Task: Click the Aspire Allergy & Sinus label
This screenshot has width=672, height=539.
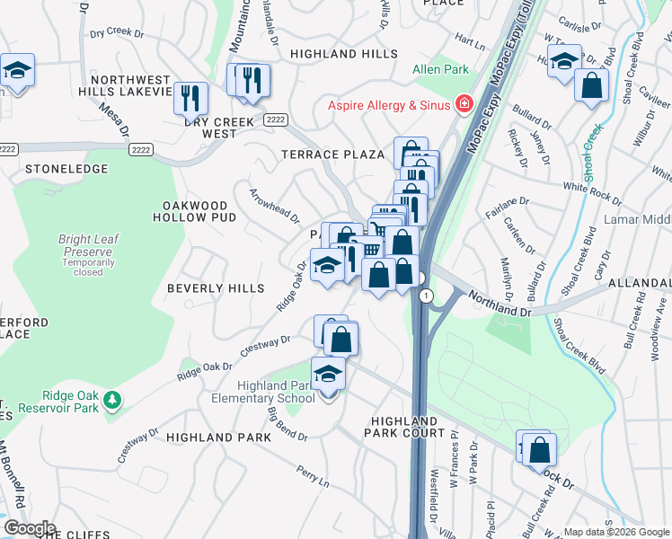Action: (387, 105)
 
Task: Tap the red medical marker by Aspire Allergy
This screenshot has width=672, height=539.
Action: (464, 105)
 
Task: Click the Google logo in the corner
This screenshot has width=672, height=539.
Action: (29, 528)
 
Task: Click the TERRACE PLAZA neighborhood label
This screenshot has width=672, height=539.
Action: (333, 155)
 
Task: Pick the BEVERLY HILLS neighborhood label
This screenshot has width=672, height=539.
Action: (216, 288)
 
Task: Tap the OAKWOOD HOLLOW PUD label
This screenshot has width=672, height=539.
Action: (194, 212)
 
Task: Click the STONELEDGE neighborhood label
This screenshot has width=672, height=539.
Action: (59, 168)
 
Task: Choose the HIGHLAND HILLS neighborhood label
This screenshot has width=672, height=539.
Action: (343, 55)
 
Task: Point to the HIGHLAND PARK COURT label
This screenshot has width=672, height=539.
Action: (404, 427)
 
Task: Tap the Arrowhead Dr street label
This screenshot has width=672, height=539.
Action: (274, 201)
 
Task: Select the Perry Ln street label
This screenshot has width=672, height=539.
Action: (312, 477)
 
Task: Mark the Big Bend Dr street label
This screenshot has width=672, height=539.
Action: (287, 425)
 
